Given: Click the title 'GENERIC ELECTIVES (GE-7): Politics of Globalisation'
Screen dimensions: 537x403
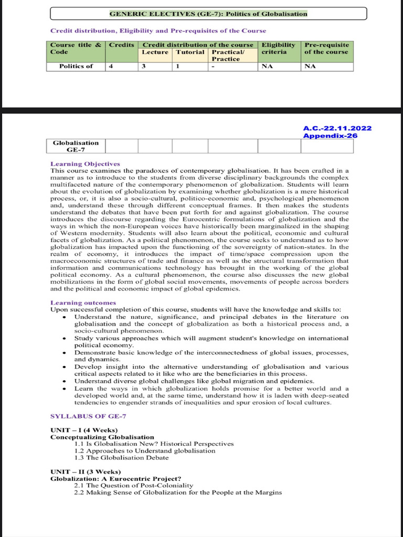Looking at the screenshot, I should pos(208,14).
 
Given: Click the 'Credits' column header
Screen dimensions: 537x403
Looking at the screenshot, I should pos(122,45).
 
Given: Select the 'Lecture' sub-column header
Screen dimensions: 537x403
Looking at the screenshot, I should pos(155,52).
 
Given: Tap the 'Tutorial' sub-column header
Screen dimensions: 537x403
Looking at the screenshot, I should pos(190,52).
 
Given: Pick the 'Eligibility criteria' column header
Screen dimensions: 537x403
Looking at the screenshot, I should pos(278,48).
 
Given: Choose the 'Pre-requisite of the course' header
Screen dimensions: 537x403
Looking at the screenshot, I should pos(326,48).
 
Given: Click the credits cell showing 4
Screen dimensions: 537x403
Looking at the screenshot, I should pos(111,66).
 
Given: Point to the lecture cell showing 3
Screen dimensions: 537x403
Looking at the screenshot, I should pos(143,66).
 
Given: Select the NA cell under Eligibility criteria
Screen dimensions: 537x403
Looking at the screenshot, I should pos(267,66).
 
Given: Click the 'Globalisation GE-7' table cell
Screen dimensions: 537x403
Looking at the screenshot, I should pos(76,146).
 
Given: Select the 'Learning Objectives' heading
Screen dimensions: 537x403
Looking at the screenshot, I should pos(85,164).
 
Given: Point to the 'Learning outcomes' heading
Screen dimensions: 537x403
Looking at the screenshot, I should pos(83,303).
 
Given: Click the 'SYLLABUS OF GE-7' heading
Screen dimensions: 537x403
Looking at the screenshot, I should pos(88,416).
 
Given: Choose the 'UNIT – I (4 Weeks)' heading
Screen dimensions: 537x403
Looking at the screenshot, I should pos(84,431).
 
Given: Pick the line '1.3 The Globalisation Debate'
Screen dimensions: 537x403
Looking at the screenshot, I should pos(122,457).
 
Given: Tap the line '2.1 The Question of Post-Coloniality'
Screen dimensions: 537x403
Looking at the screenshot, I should pos(134,486).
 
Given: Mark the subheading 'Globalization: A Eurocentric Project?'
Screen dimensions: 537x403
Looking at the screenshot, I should pos(115,479).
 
